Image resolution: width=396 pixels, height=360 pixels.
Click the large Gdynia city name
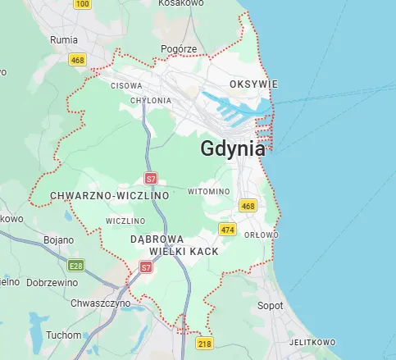click(233, 148)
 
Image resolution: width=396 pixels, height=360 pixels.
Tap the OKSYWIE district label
click(254, 84)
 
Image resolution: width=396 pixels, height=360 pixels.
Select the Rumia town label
click(63, 39)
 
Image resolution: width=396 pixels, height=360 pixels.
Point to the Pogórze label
click(180, 49)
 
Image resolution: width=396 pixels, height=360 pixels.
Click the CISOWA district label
click(125, 84)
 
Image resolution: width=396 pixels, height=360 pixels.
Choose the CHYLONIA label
click(151, 100)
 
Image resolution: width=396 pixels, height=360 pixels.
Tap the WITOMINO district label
click(208, 191)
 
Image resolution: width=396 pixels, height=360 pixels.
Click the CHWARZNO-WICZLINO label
click(109, 196)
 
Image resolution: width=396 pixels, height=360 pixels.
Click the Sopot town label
click(270, 305)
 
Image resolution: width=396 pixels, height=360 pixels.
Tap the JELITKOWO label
click(312, 342)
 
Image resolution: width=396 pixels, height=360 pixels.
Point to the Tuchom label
click(64, 335)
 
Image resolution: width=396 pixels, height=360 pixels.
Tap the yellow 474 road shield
click(228, 230)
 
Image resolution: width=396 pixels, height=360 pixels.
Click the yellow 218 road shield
click(205, 343)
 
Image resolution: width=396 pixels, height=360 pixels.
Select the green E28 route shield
click(76, 265)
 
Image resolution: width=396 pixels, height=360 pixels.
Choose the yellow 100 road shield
click(82, 4)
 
